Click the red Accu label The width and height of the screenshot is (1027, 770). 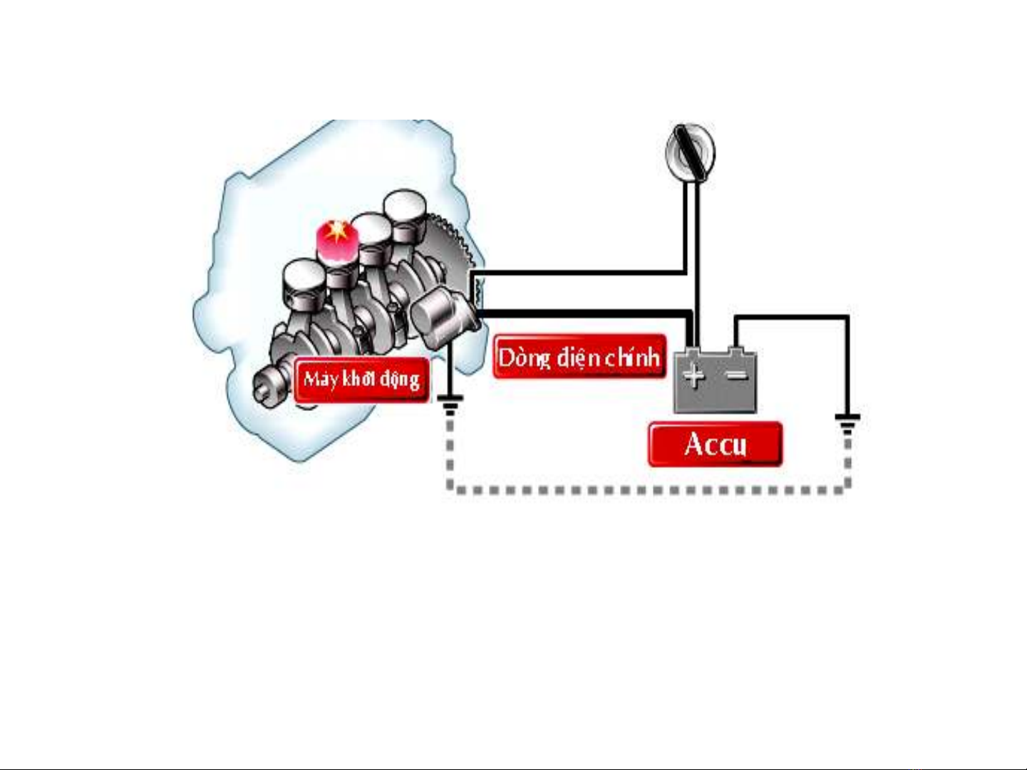tap(715, 444)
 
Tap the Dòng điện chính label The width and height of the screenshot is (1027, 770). tap(579, 356)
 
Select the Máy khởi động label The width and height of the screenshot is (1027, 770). tap(361, 379)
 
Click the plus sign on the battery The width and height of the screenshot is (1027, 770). tap(693, 375)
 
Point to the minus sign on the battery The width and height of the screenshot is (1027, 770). tap(738, 375)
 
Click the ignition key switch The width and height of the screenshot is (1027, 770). tap(690, 150)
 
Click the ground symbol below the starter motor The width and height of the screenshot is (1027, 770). tap(449, 406)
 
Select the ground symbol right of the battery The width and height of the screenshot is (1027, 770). tap(847, 423)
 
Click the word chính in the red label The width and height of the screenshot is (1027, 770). tap(632, 356)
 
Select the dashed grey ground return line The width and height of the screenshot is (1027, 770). tap(641, 490)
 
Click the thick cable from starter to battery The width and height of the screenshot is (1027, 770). tap(584, 313)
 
